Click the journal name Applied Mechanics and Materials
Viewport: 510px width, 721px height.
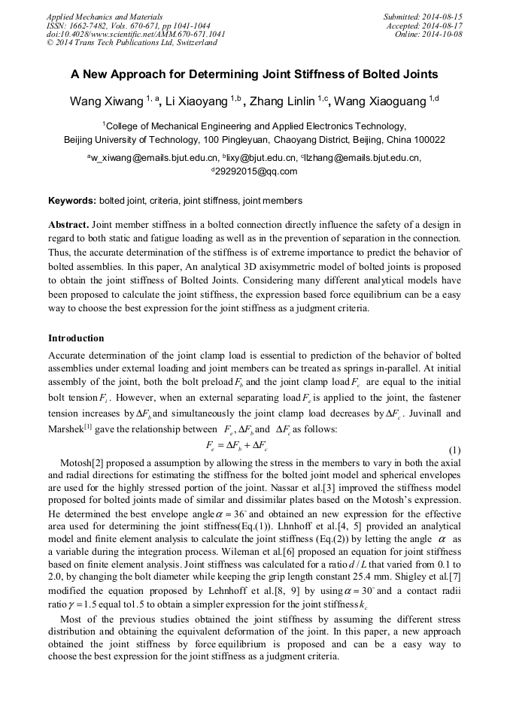105,16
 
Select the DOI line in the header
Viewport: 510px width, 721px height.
135,34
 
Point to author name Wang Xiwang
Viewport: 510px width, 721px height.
106,101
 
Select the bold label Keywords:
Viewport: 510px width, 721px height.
72,201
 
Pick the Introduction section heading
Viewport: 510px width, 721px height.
76,338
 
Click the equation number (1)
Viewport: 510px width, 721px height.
454,450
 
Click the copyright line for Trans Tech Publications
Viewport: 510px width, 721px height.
132,43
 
